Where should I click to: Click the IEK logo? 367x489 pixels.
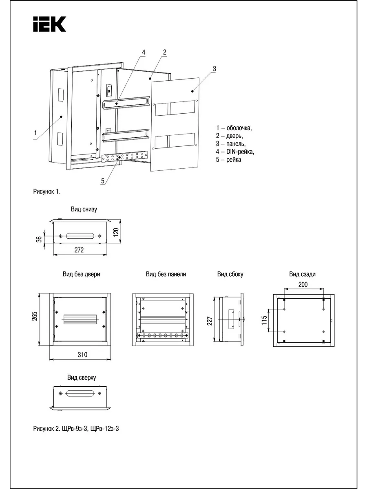tap(49, 24)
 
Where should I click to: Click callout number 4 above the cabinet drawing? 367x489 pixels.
tap(144, 52)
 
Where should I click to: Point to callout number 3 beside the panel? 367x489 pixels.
tap(214, 68)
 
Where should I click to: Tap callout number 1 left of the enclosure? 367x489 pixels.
tap(35, 133)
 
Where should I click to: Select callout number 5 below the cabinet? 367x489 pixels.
tap(103, 181)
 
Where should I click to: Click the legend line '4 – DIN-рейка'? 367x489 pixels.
tap(235, 152)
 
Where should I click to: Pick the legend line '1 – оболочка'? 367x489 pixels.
tap(234, 128)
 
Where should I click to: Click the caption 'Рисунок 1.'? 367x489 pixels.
tap(47, 192)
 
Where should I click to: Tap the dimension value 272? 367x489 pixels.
tap(79, 250)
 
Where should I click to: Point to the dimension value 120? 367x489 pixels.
tap(116, 233)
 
